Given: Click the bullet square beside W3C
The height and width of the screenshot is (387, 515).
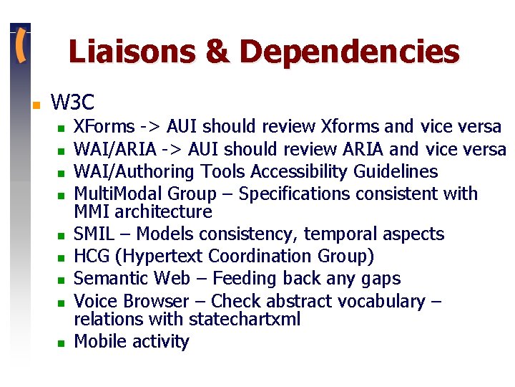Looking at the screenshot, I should pyautogui.click(x=35, y=104).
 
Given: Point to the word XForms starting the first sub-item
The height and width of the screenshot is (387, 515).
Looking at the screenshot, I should pyautogui.click(x=104, y=127).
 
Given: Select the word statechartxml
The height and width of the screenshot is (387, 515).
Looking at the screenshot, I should pyautogui.click(x=242, y=319).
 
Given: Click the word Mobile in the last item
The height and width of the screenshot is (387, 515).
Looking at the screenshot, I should pyautogui.click(x=100, y=342).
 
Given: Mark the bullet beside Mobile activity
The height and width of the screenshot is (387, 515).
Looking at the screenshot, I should pyautogui.click(x=62, y=343).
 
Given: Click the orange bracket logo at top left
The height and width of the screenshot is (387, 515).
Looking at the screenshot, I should pyautogui.click(x=21, y=47).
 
